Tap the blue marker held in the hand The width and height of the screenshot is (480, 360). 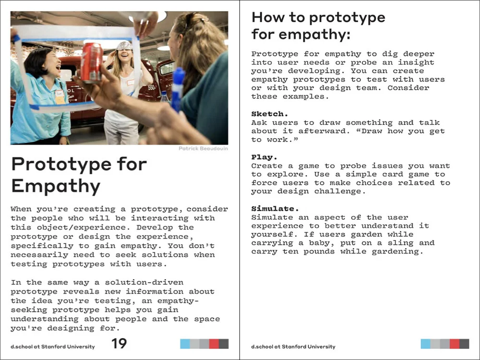(178, 88)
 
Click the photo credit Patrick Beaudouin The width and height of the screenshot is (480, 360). (203, 149)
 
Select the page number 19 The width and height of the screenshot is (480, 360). (119, 344)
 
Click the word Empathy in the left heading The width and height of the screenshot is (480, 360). (56, 186)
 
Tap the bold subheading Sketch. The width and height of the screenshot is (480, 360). (270, 114)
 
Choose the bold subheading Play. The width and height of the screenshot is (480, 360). (264, 157)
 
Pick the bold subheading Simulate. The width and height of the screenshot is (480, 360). (275, 209)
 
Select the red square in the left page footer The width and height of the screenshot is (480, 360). (214, 344)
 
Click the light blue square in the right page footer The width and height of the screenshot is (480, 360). (425, 344)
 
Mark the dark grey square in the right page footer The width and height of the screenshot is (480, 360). (464, 344)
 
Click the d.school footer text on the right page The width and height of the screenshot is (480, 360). (293, 347)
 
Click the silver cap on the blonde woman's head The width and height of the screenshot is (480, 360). (124, 46)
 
